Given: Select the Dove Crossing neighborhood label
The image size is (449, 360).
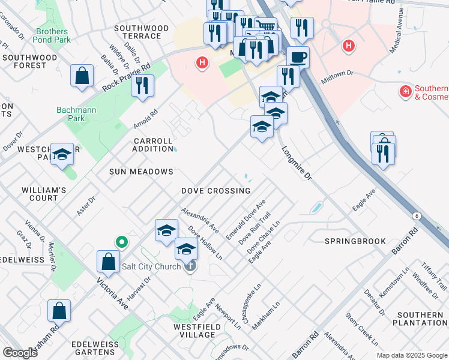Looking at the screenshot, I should tap(216, 191).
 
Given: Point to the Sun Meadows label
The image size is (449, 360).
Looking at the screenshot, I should tap(141, 172).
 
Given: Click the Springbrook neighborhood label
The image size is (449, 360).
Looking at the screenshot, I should tap(355, 241).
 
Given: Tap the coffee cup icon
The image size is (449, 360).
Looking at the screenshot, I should tap(298, 58).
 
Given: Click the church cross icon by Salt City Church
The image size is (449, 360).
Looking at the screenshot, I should tap(190, 266).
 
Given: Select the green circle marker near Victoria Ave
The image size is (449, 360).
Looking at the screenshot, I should tap(121, 242).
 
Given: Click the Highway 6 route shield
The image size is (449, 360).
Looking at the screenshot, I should tap(416, 215).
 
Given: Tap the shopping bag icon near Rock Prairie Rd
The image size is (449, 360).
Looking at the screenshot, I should tap(82, 76).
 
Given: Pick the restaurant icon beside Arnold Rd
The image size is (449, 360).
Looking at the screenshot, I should tap(142, 85).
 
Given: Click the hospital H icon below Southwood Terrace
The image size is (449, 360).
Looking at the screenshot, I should tap(202, 62).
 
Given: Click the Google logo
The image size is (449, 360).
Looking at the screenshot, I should tap(20, 353).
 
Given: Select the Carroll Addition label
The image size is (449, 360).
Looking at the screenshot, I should tap(153, 145).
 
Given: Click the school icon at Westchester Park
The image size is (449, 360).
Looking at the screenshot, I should tap(61, 154).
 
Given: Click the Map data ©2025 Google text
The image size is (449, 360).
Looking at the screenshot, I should tap(411, 355).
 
